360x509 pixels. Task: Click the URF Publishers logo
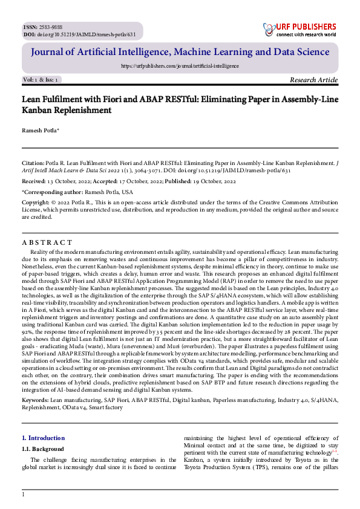tap(299, 29)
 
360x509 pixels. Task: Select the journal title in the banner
tap(180, 53)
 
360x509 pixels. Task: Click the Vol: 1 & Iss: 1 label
tap(41, 80)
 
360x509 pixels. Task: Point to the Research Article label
tap(314, 80)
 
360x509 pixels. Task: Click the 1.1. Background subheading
tap(42, 449)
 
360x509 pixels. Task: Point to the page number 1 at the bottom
tap(23, 495)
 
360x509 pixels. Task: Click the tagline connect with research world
tap(306, 34)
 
